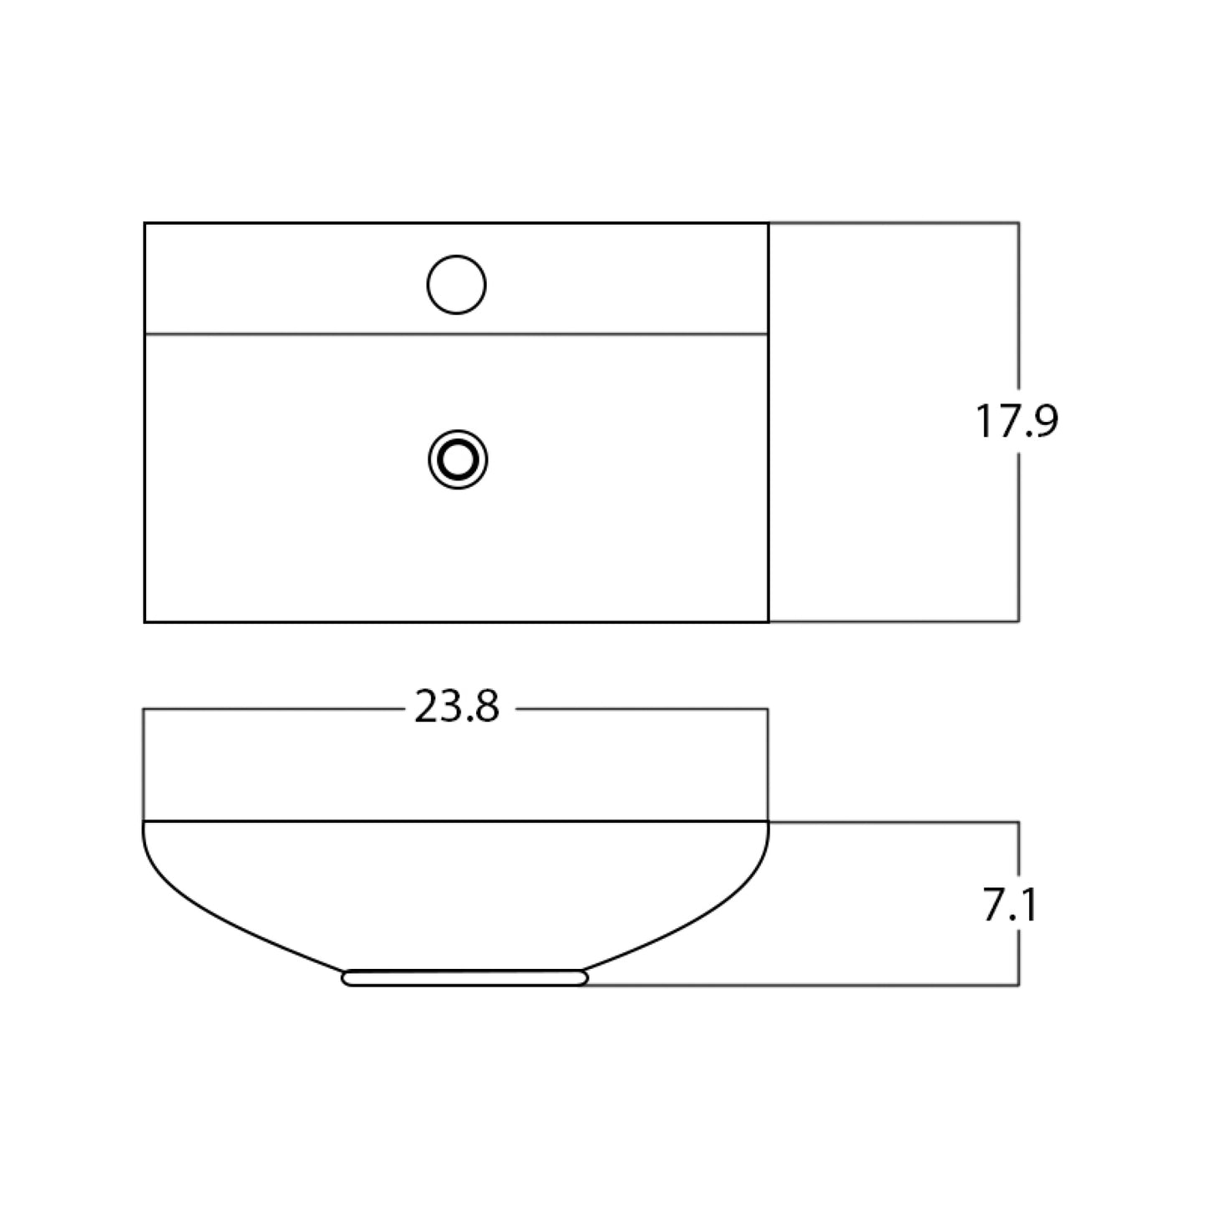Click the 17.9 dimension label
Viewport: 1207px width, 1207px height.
pos(1017,422)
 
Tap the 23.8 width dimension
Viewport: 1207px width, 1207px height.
pos(457,708)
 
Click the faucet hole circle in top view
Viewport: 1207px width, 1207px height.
pos(456,285)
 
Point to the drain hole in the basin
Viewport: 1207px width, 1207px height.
pos(457,459)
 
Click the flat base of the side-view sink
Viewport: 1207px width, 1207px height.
pos(465,978)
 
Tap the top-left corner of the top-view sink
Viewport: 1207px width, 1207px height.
pos(145,224)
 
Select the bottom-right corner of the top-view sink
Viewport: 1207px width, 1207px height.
pos(768,621)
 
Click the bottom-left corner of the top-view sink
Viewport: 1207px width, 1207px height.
pos(145,621)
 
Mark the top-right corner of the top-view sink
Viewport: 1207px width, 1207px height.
pos(768,224)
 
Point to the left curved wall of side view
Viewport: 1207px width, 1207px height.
pos(209,910)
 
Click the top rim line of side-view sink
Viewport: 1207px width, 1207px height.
pos(456,822)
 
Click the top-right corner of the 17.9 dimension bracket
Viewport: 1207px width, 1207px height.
pos(1017,223)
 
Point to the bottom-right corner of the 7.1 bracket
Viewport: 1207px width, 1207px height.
pos(1017,986)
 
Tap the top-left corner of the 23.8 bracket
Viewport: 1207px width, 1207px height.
pos(145,709)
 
